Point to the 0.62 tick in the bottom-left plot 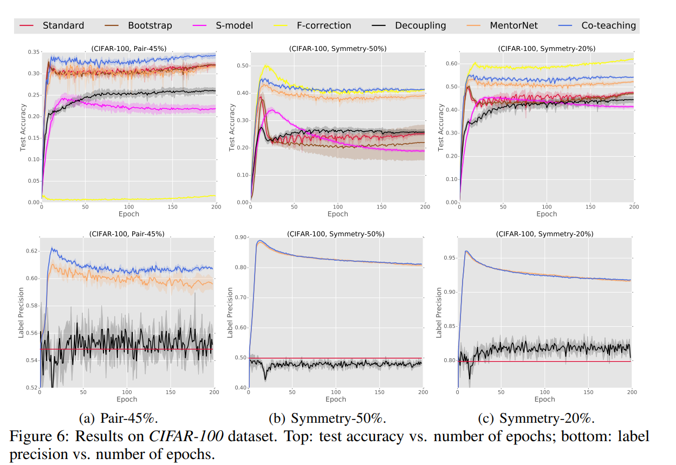(32, 251)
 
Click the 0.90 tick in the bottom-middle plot (240, 237)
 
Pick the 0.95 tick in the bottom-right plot (450, 258)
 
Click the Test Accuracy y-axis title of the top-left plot (23, 127)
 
